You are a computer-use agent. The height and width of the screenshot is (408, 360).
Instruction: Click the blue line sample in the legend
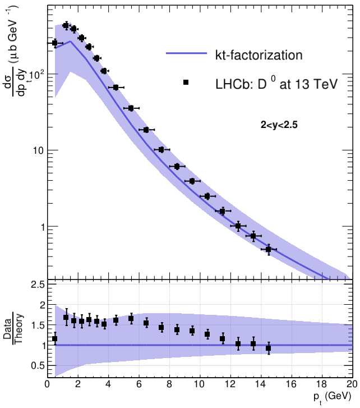click(186, 54)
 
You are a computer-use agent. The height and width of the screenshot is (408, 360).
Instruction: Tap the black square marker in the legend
click(186, 82)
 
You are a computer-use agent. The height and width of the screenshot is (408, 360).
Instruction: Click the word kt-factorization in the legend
click(259, 55)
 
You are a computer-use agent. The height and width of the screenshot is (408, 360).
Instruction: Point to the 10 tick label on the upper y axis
click(37, 150)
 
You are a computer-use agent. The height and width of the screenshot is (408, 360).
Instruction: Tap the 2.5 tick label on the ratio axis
click(38, 286)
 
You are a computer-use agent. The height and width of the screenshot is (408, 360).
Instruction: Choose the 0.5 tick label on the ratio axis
click(38, 366)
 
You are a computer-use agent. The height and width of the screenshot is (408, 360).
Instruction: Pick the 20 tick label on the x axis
click(351, 386)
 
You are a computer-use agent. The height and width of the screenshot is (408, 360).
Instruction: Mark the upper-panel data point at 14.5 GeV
click(268, 249)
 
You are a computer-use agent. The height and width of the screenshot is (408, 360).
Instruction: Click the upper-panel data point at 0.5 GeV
click(55, 43)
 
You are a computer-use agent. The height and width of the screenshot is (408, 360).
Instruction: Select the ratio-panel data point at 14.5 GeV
click(268, 348)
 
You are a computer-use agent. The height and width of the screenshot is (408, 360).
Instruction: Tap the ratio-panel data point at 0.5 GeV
click(55, 339)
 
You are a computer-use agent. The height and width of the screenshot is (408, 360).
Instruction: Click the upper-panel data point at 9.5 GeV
click(192, 181)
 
